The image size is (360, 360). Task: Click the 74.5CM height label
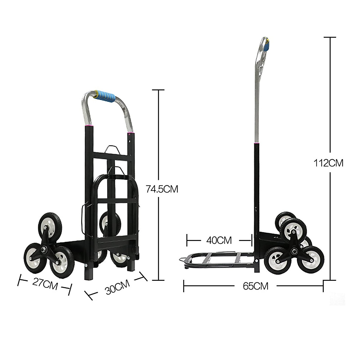tap(162, 189)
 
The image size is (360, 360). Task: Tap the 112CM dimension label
tap(328, 163)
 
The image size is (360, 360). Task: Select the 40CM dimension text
tap(219, 240)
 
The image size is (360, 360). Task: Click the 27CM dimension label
tap(45, 283)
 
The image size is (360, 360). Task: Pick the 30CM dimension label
tap(118, 287)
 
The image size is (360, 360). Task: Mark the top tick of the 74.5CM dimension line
tap(158, 90)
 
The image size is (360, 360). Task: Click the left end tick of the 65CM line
tap(184, 286)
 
